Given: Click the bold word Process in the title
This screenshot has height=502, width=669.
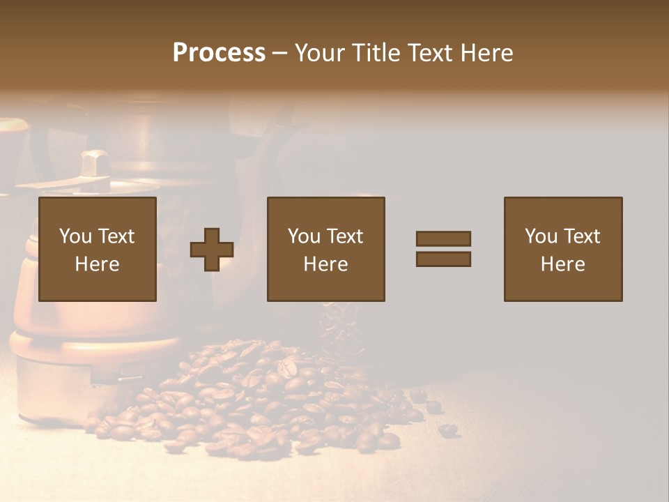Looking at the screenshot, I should coord(219,53).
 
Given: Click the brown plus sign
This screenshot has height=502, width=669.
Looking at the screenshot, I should coord(212,250).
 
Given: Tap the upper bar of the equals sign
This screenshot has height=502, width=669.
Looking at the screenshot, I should coord(443,238).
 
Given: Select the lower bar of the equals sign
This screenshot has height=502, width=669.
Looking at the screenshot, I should coord(443,259).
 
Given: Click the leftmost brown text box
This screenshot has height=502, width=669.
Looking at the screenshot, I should coord(98,249).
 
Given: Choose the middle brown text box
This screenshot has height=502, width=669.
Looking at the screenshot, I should coord(326,249).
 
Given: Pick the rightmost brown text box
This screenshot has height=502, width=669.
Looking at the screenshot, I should coord(563,249).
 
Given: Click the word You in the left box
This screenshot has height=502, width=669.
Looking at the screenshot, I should coord(75,236).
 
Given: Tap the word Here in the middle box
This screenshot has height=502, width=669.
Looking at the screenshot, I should coord(326,264).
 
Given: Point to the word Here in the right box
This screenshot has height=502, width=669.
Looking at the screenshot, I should coord(563,264).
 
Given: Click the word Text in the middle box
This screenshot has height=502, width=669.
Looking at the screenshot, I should coord(344,236).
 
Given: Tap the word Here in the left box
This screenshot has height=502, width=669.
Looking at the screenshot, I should coord(98,264).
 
